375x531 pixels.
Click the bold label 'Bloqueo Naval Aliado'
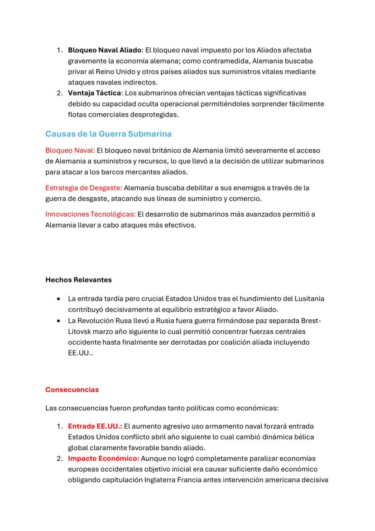[105, 50]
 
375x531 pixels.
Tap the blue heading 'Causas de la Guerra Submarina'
[108, 134]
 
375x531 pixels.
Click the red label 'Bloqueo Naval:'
[70, 150]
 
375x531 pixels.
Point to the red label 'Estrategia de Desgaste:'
[83, 188]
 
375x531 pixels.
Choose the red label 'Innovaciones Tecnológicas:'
[90, 214]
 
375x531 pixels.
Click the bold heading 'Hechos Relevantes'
[78, 280]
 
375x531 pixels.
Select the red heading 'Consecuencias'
[72, 390]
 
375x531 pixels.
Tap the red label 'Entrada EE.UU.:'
[95, 426]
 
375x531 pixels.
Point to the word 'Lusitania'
[309, 299]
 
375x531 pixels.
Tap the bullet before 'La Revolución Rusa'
[59, 321]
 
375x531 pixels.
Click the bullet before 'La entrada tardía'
[59, 299]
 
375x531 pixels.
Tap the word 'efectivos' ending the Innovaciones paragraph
[181, 225]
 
